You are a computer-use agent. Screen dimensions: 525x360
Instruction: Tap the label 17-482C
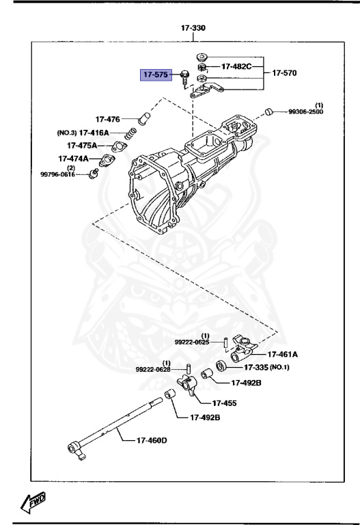point(236,67)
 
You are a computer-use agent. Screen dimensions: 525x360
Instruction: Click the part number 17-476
point(108,118)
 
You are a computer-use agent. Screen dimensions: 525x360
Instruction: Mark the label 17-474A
point(73,159)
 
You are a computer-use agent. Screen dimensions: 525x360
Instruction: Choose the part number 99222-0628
point(152,369)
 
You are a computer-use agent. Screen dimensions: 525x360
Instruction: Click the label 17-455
point(224,403)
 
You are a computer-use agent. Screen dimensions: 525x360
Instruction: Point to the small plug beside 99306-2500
point(269,111)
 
